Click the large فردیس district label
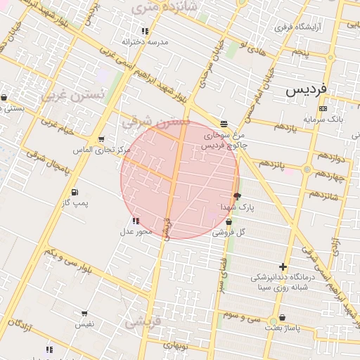coord(307,91)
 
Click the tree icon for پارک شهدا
coord(237,196)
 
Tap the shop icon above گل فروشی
coord(229,221)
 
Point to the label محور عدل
coord(136,231)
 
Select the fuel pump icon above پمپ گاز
coord(75,192)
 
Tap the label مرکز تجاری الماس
coord(102,150)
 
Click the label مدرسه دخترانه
coord(146,41)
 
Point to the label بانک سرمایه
coord(323,119)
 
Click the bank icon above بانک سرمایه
coord(323,108)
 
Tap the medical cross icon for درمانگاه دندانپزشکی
coord(283,266)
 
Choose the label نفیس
coord(84,324)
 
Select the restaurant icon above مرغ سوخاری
coord(224,123)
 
